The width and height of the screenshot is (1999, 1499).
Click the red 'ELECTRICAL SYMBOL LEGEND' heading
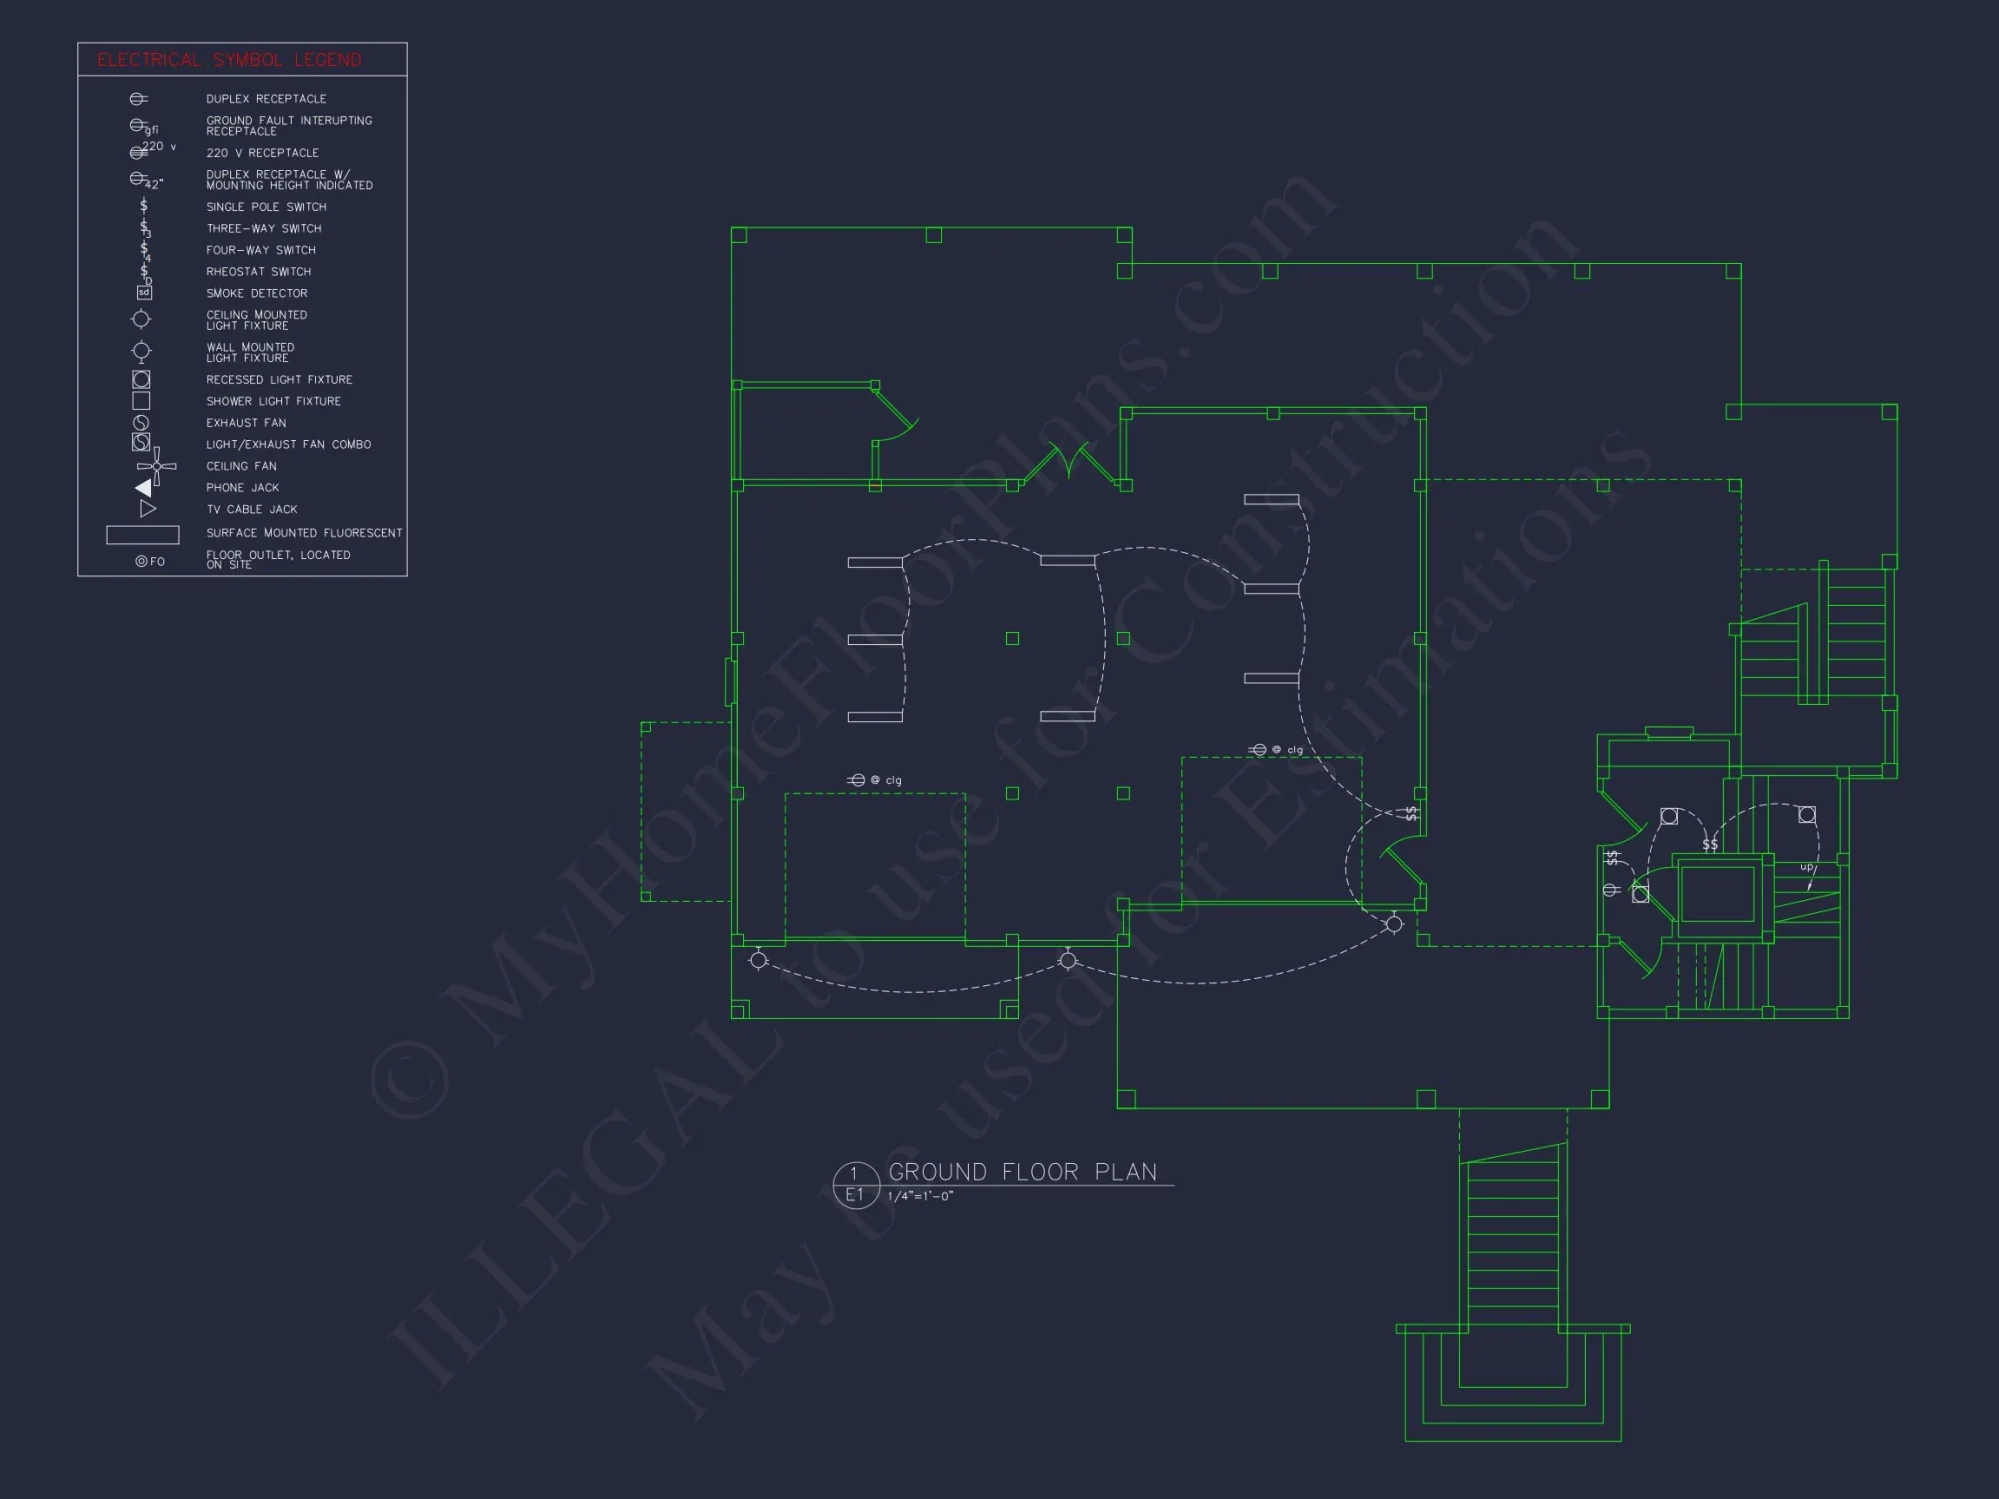click(229, 60)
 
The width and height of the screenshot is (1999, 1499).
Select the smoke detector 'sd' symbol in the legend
click(144, 293)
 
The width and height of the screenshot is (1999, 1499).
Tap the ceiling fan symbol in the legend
click(157, 466)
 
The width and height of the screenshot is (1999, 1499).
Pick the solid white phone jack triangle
click(144, 488)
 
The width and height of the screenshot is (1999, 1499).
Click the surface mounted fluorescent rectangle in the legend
click(143, 535)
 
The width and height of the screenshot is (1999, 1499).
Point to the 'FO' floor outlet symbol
click(150, 561)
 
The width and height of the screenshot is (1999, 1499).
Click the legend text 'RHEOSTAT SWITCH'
click(258, 272)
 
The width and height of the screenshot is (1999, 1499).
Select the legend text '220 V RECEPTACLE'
click(262, 153)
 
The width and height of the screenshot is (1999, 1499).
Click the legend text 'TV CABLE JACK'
click(252, 510)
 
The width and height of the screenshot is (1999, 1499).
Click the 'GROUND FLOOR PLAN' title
click(1022, 1172)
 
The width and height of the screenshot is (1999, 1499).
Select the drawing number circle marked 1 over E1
click(855, 1185)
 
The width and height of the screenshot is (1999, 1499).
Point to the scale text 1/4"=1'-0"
click(920, 1197)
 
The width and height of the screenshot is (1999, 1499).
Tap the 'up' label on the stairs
click(1807, 867)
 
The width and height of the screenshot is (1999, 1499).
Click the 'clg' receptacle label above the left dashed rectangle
click(893, 781)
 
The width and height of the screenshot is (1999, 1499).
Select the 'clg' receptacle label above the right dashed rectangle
click(1294, 750)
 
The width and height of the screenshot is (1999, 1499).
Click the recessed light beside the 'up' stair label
click(1807, 815)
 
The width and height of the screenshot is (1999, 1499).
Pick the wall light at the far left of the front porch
click(758, 960)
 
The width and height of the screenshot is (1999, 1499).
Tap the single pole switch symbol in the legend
click(144, 206)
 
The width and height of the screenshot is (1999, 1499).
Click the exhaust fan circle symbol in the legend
click(141, 423)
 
